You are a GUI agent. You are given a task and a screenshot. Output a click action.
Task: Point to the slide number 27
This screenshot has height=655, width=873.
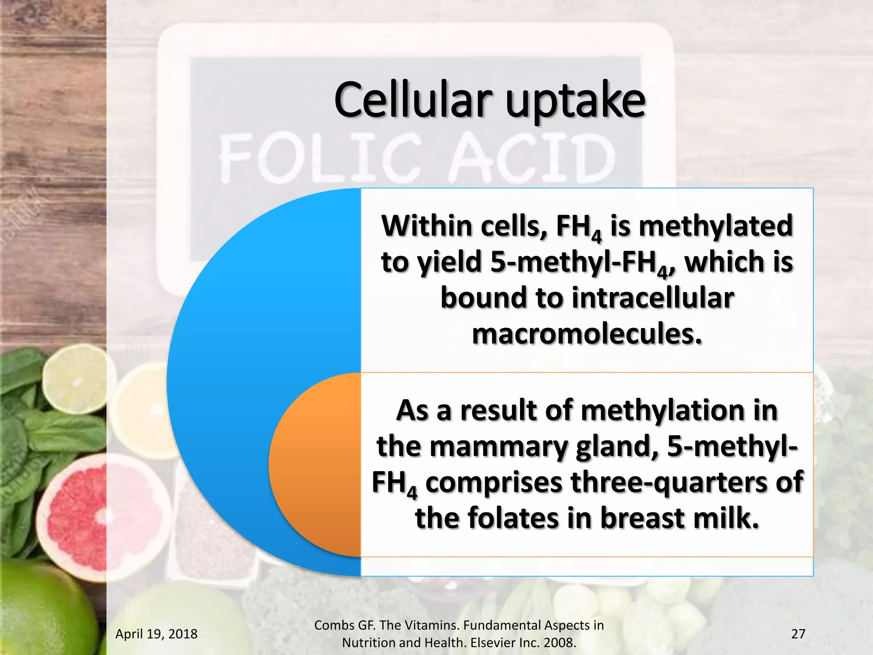pyautogui.click(x=798, y=634)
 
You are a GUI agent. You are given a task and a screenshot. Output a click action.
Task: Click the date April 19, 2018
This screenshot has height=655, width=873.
pyautogui.click(x=156, y=634)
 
